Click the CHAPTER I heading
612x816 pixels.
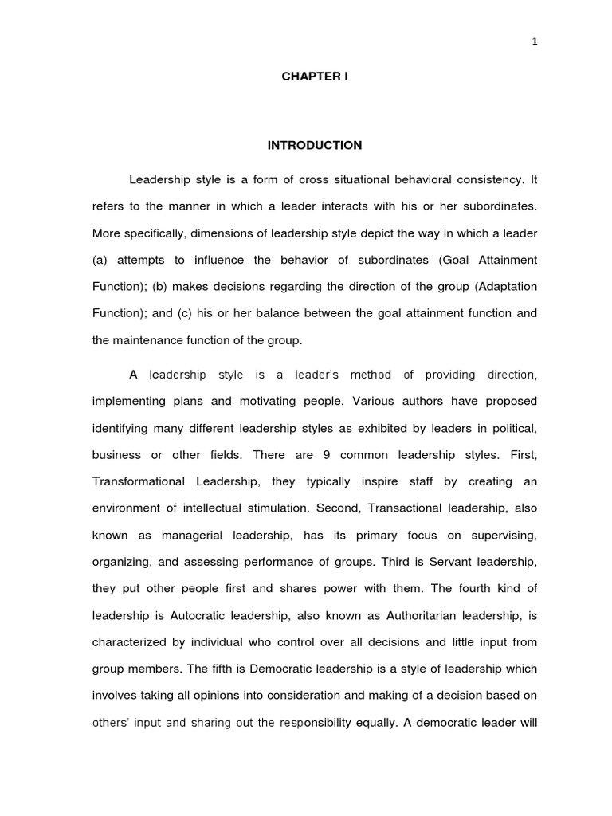point(314,76)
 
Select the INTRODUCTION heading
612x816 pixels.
point(314,145)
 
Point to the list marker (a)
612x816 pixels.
point(100,261)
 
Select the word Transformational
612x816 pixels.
point(139,481)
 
